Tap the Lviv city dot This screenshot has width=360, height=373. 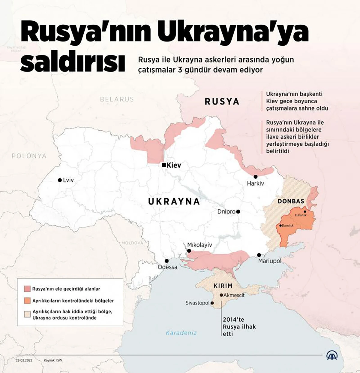pos(60,180)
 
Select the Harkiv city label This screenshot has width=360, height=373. pos(255,183)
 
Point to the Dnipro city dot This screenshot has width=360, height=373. pos(238,212)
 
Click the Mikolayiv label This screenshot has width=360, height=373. pos(199,245)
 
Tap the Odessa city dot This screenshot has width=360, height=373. pos(166,261)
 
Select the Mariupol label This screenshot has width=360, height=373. pos(270,261)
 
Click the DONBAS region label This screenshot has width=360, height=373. pos(291,201)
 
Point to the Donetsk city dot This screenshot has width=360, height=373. pos(280,226)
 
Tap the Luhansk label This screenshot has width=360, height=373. pos(301,215)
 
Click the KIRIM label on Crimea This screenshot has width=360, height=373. pos(223,286)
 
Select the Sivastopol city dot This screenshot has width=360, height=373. pos(212,303)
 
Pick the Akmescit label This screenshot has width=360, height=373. pos(234,295)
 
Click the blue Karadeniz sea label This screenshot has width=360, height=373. pos(181,333)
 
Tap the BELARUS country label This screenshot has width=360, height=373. pos(117,99)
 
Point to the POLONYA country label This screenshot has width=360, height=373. pos(29,156)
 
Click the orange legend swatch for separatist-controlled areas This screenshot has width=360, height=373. pos(27,301)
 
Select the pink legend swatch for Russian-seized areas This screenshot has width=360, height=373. pos(27,289)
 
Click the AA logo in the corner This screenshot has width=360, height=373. pos(332,356)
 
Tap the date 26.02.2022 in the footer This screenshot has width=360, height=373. pos(24,360)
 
